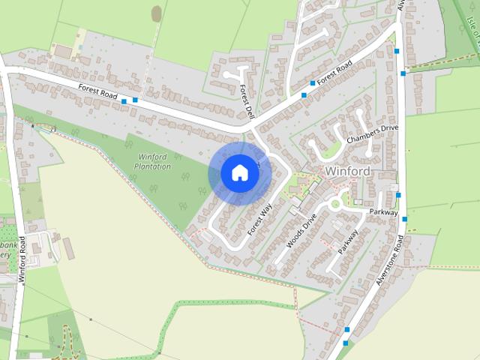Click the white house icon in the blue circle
click(x=240, y=172)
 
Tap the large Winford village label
click(x=348, y=172)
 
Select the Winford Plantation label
click(x=152, y=161)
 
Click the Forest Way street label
click(x=259, y=215)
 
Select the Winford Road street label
click(x=23, y=256)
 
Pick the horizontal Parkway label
click(x=382, y=212)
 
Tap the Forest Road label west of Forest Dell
click(x=98, y=93)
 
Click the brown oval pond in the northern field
click(x=156, y=13)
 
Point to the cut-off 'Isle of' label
click(x=472, y=30)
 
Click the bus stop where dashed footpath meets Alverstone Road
click(x=403, y=73)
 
